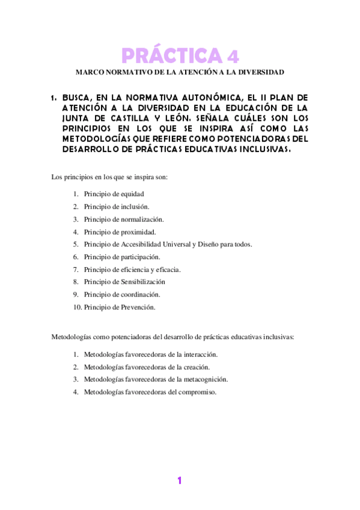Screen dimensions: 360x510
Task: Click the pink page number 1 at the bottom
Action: click(x=179, y=481)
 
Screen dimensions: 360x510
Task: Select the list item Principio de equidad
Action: click(x=114, y=194)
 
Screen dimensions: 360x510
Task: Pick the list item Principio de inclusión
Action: click(x=117, y=206)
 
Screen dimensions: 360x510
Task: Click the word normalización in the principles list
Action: click(x=144, y=219)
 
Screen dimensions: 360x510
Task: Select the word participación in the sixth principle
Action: click(x=141, y=257)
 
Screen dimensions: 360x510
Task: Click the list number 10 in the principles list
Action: click(x=77, y=307)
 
